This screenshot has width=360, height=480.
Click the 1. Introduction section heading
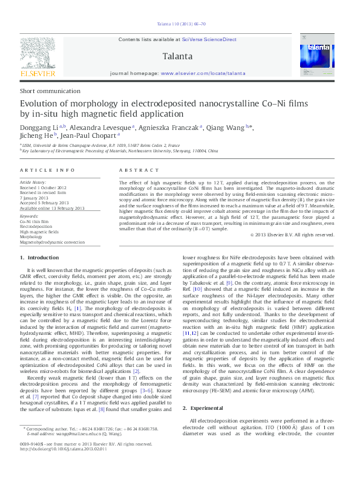pyautogui.click(x=39, y=258)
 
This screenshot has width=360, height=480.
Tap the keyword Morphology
pyautogui.click(x=31, y=236)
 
